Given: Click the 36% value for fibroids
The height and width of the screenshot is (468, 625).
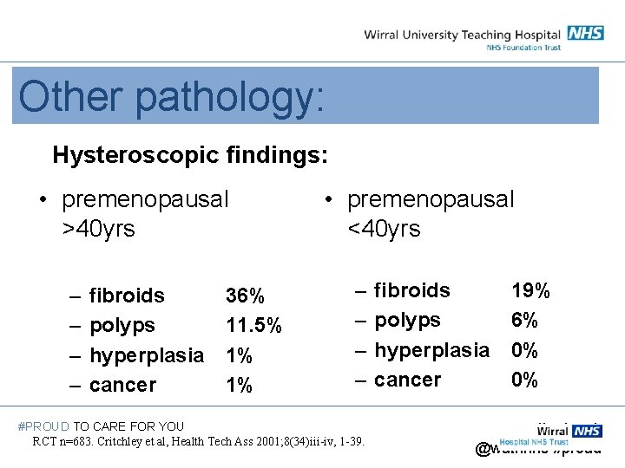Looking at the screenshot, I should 245,296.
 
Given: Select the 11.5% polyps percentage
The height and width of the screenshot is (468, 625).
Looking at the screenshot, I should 253,326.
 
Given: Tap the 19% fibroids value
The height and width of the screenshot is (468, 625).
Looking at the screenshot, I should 530,290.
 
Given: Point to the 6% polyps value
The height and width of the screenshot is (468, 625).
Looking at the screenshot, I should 524,320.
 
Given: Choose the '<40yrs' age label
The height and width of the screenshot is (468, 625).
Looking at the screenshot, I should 383,230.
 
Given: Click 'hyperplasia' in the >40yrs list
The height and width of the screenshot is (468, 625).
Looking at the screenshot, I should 147,355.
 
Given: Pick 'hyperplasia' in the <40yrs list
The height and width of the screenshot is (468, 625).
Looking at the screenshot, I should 431,350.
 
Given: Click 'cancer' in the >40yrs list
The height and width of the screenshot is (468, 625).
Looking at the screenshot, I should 122,385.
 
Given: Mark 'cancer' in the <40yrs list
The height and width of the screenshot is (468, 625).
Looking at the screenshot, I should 407,380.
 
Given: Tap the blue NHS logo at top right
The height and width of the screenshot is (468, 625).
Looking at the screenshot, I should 586,33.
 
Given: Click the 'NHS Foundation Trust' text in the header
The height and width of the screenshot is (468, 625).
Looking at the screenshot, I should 523,47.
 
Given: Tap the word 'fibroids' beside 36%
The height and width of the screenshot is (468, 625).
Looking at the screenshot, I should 127,296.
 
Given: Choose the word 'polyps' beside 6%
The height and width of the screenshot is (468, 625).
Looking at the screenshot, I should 407,320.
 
